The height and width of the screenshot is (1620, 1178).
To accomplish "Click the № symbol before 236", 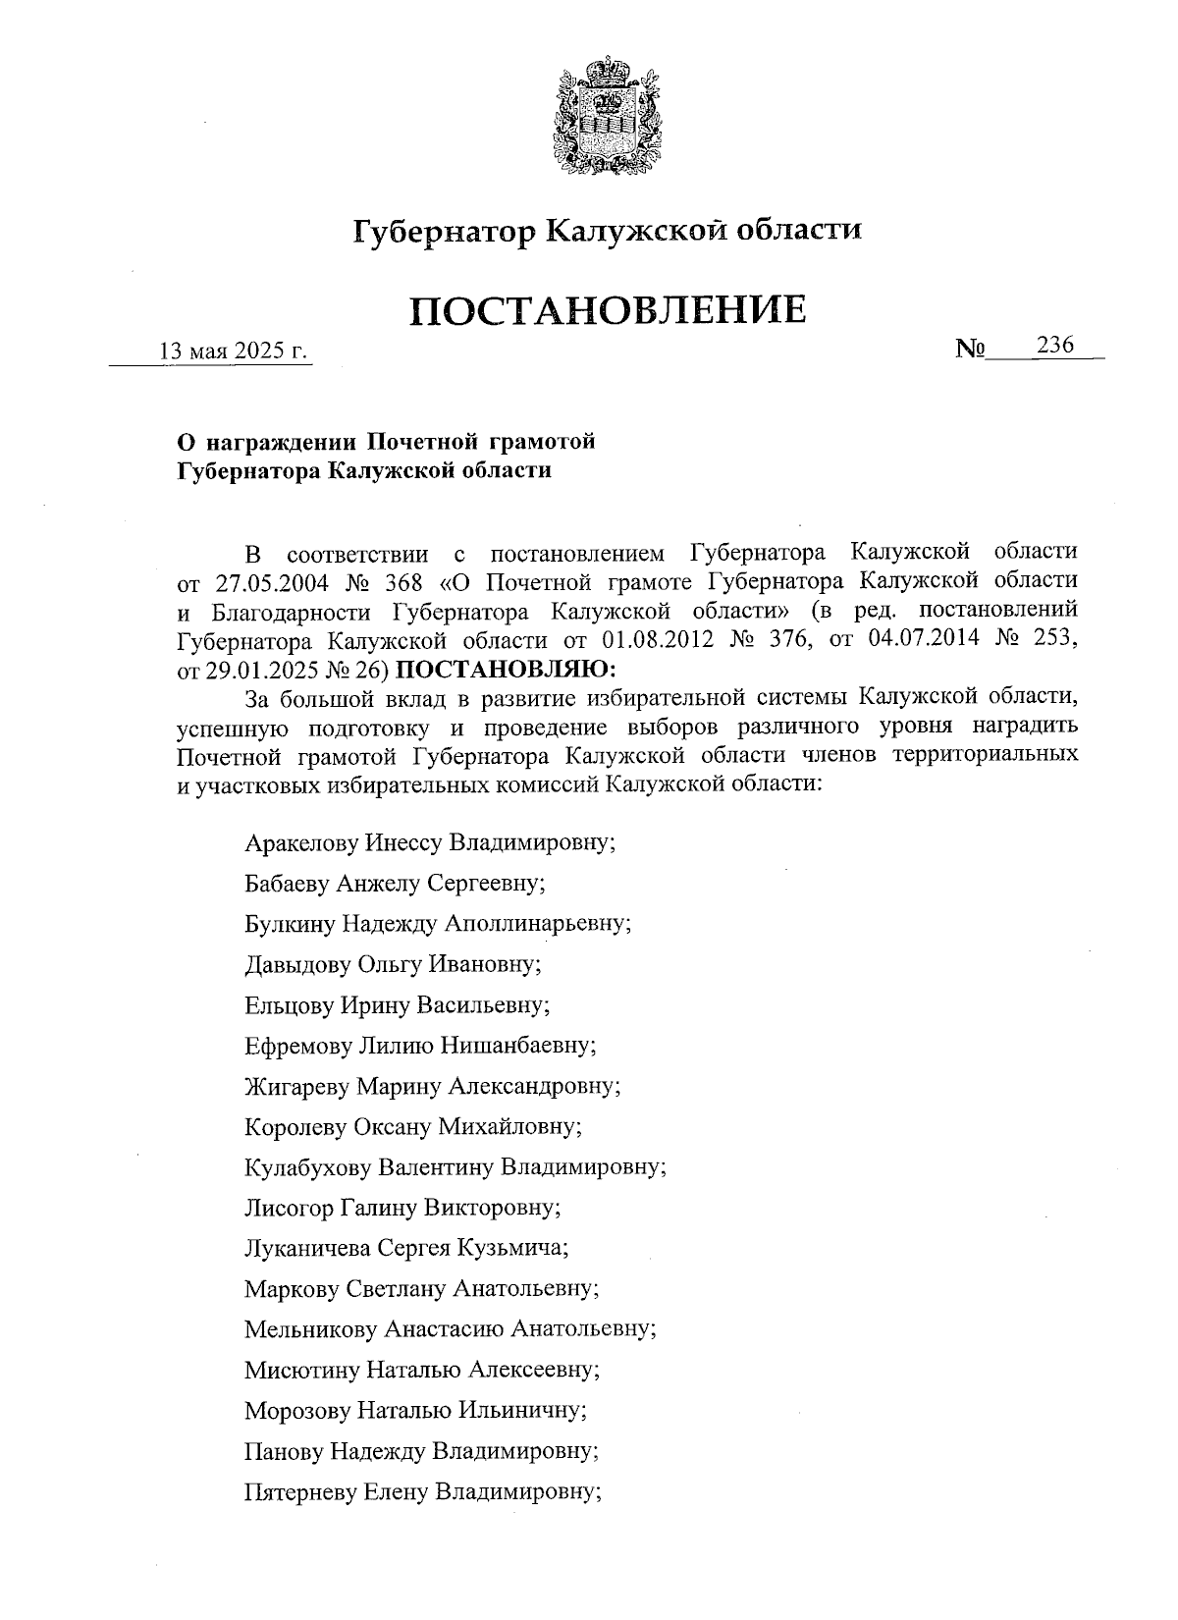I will (x=970, y=349).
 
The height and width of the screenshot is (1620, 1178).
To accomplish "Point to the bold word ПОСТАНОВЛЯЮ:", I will (x=509, y=671).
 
